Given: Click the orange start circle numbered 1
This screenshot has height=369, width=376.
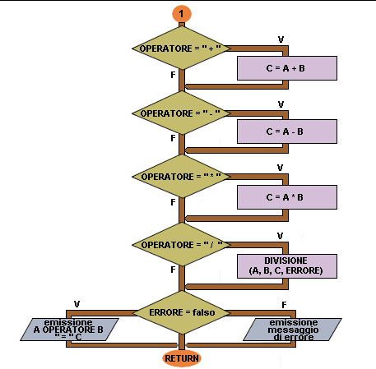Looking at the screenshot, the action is point(182,14).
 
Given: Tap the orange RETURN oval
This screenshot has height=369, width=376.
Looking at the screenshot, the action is point(182,358).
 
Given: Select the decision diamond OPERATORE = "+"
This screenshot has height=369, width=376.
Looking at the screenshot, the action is point(181,48).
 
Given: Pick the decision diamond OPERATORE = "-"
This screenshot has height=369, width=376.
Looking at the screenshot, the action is point(181,113).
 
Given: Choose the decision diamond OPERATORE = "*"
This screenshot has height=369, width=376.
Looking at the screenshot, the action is point(181,177).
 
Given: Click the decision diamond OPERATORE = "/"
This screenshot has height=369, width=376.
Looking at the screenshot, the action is point(181,244).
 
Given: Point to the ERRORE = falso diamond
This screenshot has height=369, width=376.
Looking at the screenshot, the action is point(182,312).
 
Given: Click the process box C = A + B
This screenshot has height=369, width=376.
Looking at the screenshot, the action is point(287,68).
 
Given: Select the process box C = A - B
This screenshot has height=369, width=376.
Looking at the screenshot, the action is point(287,131).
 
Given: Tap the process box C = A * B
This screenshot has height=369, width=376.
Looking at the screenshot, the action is point(287,197).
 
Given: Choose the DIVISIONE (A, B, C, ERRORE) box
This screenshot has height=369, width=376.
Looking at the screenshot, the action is point(287,266).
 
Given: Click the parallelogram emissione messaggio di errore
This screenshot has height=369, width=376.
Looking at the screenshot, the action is point(292,330).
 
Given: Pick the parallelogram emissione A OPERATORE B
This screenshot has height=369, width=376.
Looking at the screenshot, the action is point(69,330).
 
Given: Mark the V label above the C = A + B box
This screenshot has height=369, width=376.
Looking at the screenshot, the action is point(281,39).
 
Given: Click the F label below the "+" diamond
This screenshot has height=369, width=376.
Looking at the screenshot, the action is point(173,75).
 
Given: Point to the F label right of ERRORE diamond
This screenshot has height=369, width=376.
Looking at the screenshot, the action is point(284,305).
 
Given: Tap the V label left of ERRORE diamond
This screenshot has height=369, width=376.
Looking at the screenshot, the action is point(77,304).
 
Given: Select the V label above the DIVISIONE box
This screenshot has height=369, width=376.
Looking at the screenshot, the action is point(280,236).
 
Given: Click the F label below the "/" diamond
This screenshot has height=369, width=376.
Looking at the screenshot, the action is point(173,270).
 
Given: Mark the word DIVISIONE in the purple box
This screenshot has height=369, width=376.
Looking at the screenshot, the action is point(285,261).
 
